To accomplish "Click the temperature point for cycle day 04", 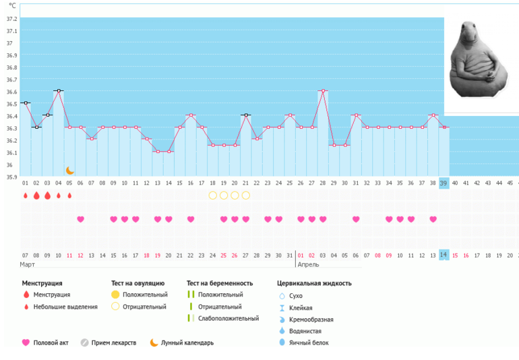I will [59, 90].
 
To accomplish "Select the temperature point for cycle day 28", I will [323, 90].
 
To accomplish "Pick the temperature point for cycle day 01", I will [26, 102].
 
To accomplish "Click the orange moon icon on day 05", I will [69, 171].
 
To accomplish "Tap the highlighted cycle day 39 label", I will [444, 183].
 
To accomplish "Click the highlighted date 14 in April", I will [444, 255].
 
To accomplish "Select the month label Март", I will [28, 265].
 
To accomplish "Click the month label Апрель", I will [309, 265].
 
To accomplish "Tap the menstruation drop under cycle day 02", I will [36, 196].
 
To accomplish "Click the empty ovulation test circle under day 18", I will [212, 196].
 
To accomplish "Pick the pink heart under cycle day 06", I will [80, 219].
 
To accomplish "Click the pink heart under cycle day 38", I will [433, 219].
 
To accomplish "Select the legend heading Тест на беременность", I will [220, 283].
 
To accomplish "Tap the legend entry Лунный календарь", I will [187, 342].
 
